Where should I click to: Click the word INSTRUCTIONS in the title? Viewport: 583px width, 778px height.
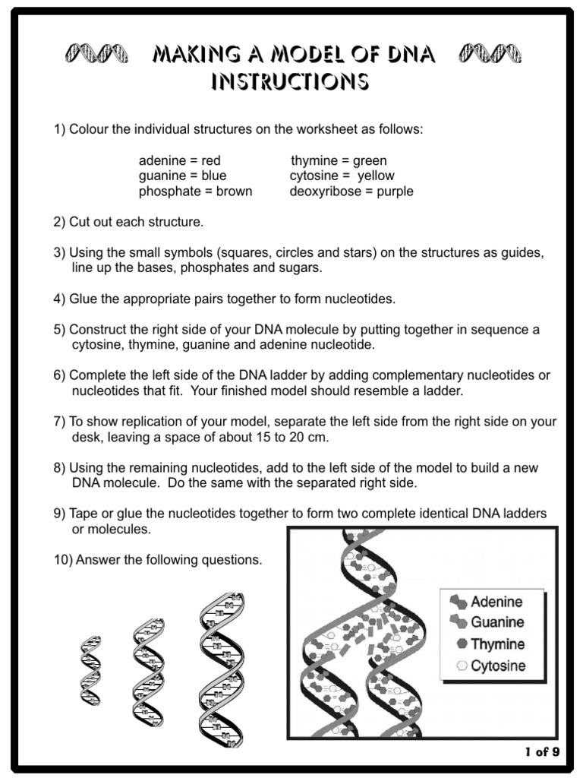[x=291, y=81]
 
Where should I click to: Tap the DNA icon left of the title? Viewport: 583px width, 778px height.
[x=95, y=55]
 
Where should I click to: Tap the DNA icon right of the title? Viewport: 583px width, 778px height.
[x=490, y=55]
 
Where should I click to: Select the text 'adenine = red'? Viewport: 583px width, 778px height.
[x=179, y=160]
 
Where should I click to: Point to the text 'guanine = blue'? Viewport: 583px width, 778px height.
[x=182, y=176]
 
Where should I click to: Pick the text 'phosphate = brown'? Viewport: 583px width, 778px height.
[x=195, y=191]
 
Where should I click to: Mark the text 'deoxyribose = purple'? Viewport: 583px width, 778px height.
[x=351, y=191]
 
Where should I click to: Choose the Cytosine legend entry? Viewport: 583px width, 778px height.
[x=489, y=666]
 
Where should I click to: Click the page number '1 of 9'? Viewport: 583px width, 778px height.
[x=542, y=752]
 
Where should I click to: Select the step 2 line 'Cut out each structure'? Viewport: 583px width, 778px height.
[x=129, y=223]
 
